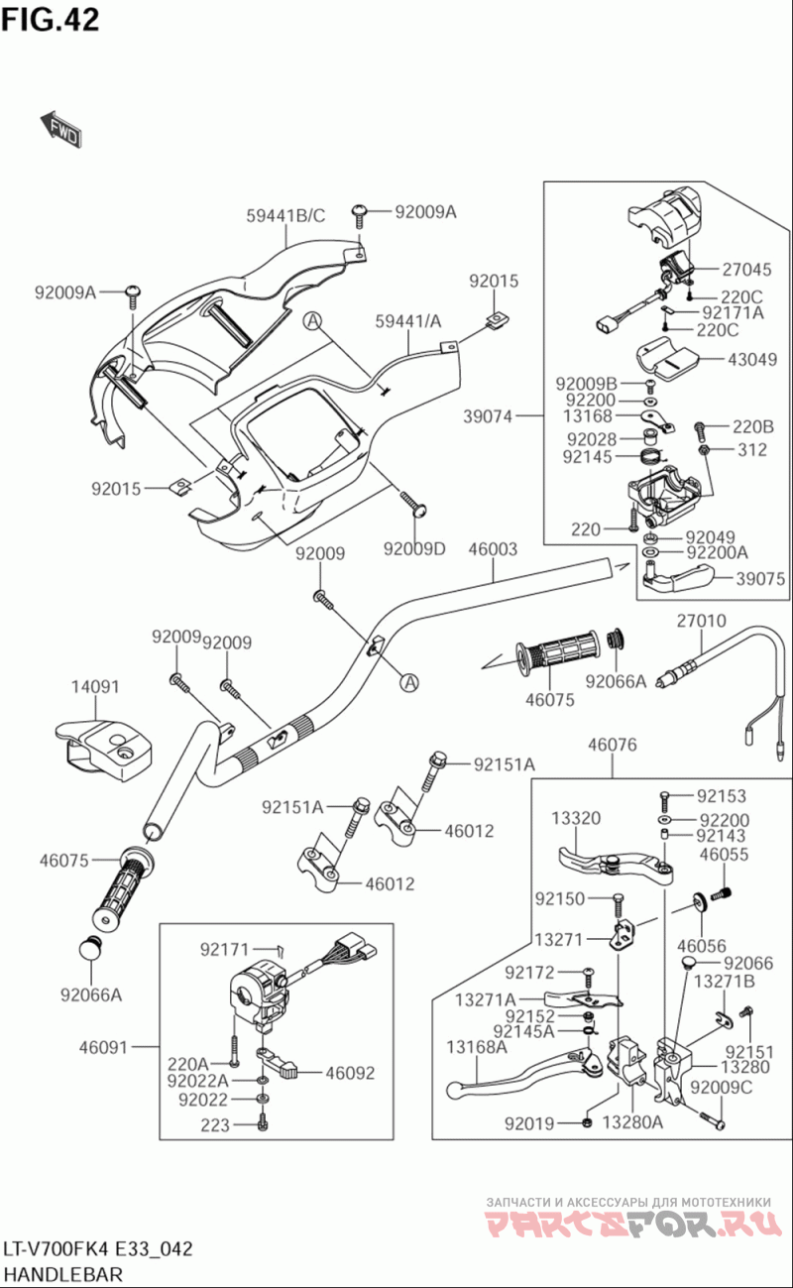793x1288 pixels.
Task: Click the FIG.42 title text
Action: coord(51,20)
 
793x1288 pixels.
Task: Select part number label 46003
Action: coord(493,548)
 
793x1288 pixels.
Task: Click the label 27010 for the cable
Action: coord(702,621)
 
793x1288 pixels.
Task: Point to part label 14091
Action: coord(95,686)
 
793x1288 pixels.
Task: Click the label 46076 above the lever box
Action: coord(612,746)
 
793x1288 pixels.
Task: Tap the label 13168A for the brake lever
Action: coord(477,1047)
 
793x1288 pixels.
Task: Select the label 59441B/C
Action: coord(286,215)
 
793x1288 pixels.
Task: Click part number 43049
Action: coord(752,360)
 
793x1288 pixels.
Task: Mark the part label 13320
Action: coord(576,818)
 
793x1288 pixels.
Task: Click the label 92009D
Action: coord(414,548)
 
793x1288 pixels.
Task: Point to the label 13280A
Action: coord(637,1122)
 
